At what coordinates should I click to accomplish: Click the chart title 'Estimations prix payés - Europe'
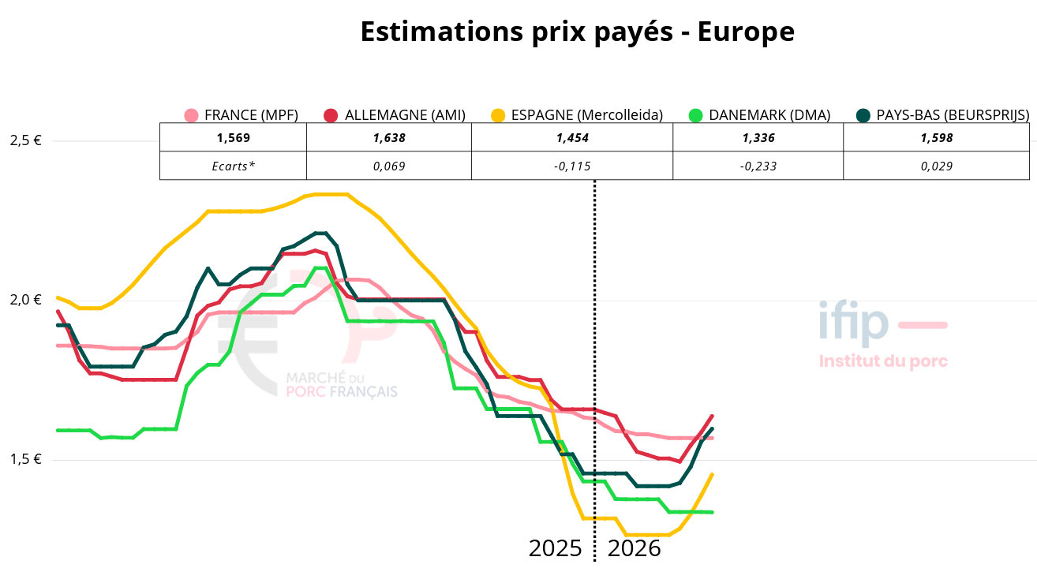click(x=577, y=32)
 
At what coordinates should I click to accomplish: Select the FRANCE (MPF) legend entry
click(x=241, y=115)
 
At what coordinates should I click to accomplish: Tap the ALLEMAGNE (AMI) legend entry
click(x=395, y=115)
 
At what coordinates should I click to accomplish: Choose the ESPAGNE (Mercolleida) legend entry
click(x=575, y=115)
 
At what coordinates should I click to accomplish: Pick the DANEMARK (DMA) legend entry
click(x=759, y=115)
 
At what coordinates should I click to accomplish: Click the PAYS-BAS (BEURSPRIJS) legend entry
click(x=943, y=115)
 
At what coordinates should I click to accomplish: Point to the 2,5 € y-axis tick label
click(x=25, y=141)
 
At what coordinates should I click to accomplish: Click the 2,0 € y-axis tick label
click(x=25, y=300)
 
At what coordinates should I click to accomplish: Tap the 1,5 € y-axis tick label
click(x=25, y=460)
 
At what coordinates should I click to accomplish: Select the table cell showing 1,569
click(x=233, y=137)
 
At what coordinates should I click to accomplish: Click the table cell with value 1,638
click(x=388, y=137)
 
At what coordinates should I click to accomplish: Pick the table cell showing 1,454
click(x=572, y=137)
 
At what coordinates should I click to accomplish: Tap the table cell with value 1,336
click(x=758, y=137)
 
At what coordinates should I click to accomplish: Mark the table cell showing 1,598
click(x=936, y=137)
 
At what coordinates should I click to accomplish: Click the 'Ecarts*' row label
click(x=233, y=166)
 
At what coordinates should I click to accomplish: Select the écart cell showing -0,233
click(x=758, y=166)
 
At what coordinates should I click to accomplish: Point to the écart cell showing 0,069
click(x=388, y=166)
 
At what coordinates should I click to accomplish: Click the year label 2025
click(x=556, y=548)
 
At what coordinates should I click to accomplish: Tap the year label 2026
click(x=634, y=548)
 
